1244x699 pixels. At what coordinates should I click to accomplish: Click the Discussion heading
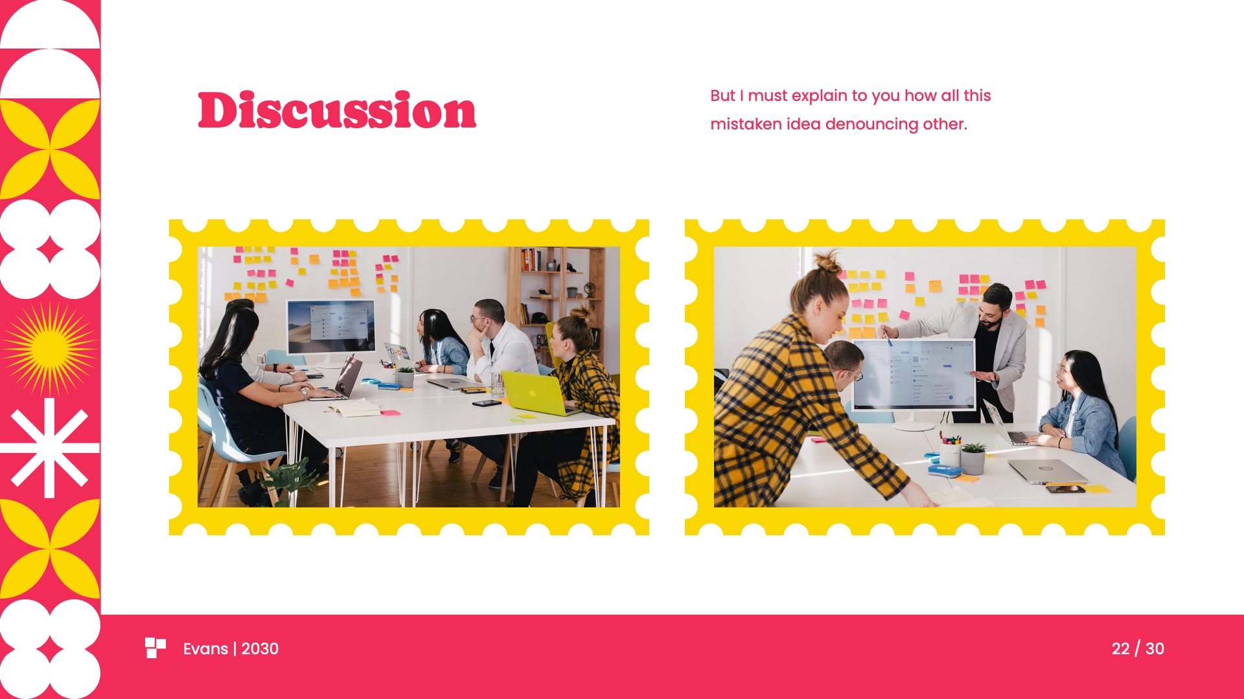[337, 111]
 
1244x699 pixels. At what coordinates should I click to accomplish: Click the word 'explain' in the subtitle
[819, 96]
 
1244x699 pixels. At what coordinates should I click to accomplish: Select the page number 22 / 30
[1137, 649]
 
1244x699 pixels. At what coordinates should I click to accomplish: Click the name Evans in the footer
[205, 649]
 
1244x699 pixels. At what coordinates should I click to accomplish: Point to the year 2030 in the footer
[260, 649]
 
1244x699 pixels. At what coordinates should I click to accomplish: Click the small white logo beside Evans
[155, 648]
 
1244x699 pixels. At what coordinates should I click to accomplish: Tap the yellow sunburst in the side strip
[49, 348]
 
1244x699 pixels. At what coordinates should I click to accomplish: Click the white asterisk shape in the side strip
[49, 448]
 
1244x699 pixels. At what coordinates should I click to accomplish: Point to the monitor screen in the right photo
[914, 375]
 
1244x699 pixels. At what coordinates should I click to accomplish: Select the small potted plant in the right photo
[973, 458]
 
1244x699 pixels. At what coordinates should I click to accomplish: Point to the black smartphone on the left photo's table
[487, 403]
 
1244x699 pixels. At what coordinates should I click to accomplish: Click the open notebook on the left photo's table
[353, 408]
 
